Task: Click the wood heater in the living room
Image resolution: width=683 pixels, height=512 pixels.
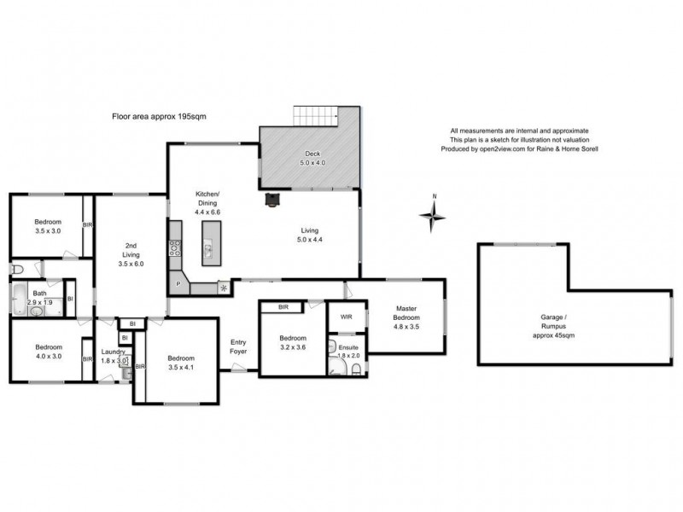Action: point(272,200)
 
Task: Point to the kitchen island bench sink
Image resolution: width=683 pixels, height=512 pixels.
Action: point(207,250)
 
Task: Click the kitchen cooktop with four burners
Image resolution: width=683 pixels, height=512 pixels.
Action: point(176,248)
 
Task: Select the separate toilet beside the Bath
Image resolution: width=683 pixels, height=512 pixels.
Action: point(17,271)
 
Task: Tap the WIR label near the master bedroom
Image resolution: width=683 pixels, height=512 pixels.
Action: point(346,316)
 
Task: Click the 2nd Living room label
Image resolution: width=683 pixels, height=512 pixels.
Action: point(130,259)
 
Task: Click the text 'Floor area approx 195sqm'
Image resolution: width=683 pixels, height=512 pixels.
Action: point(160,116)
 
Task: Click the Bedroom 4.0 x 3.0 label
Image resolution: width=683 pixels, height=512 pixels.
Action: point(49,352)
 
